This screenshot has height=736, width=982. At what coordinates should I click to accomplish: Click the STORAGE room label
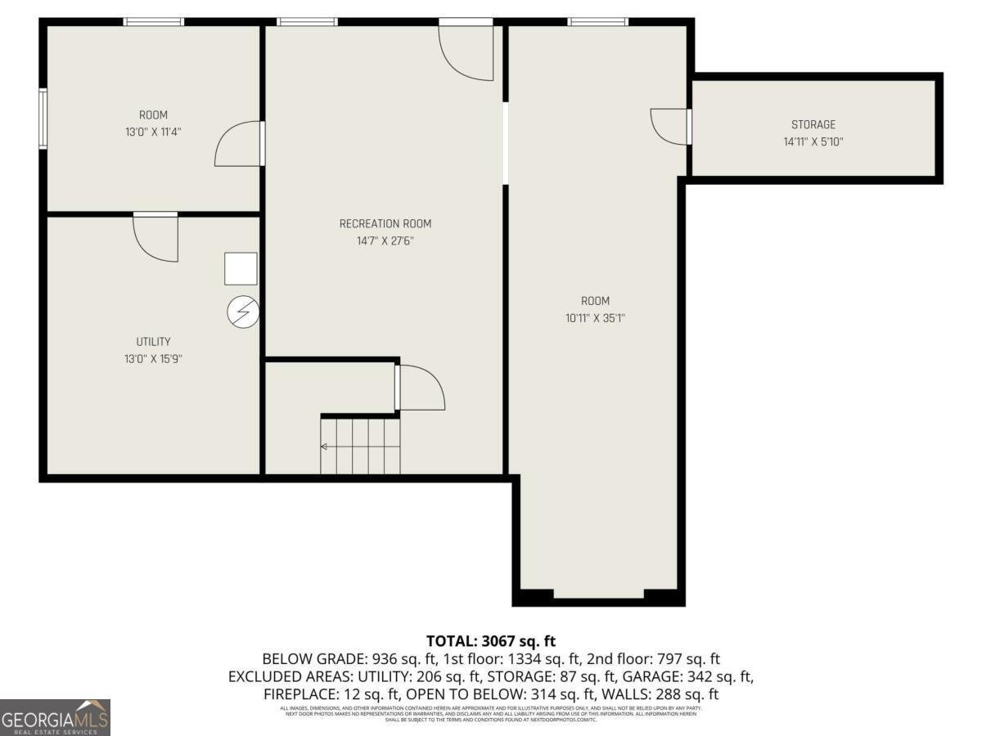coord(813,125)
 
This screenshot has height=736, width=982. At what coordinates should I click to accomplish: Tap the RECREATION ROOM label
coord(385,224)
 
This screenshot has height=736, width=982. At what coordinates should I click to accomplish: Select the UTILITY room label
coord(153,342)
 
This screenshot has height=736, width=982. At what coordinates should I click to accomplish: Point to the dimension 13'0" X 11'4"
coord(153,132)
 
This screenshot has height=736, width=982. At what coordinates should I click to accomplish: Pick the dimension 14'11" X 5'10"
coord(813,141)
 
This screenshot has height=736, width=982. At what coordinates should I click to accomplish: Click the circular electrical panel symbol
coord(243,312)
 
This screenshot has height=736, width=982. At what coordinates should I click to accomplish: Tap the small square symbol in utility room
coord(241,269)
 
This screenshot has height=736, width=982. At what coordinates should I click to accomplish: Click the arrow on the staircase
coord(325,447)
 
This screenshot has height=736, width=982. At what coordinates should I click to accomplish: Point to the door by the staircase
coord(419,388)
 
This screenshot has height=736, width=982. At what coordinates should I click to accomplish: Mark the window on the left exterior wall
coord(43,119)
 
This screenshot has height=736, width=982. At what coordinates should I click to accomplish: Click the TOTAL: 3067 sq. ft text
coord(491,641)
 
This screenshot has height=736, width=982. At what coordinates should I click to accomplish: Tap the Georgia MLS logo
coord(55,717)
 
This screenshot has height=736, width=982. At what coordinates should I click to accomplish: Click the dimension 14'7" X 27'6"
coord(385,241)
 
